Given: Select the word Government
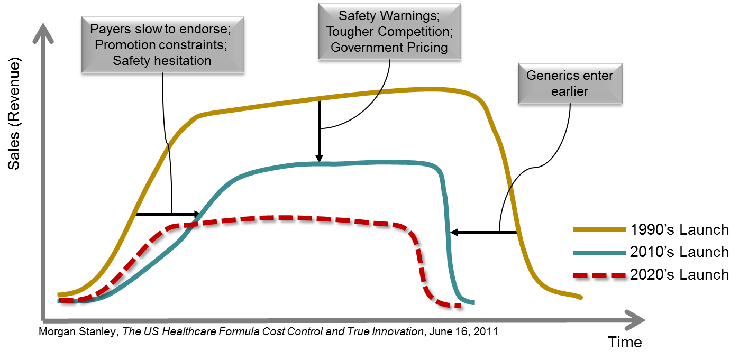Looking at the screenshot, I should pyautogui.click(x=364, y=48).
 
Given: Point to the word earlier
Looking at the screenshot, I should pyautogui.click(x=569, y=91).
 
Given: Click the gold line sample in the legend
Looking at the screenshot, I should pyautogui.click(x=599, y=229).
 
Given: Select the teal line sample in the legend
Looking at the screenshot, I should pyautogui.click(x=599, y=253).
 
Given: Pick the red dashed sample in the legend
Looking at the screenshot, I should pyautogui.click(x=599, y=275).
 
